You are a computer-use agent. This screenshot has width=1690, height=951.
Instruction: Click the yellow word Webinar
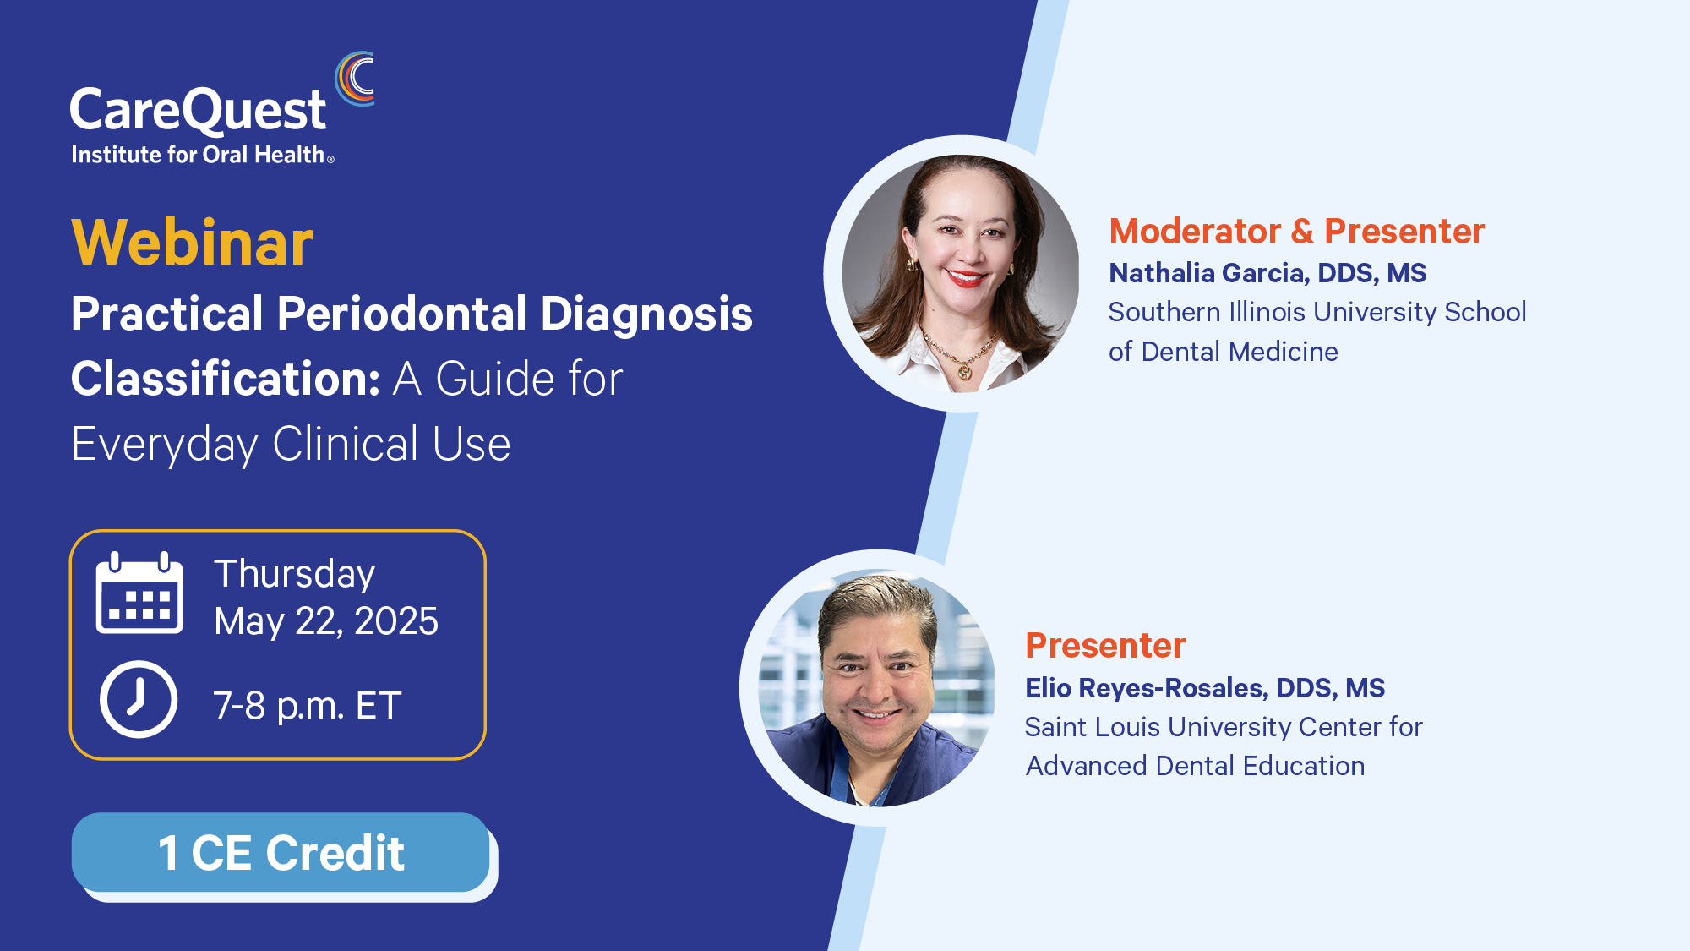tap(193, 243)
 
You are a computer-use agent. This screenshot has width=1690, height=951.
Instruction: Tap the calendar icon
tap(139, 593)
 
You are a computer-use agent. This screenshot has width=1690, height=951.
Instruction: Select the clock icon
tap(139, 699)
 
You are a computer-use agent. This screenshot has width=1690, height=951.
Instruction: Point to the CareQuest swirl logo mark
tap(355, 79)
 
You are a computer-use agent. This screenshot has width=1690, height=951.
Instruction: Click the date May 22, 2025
tap(326, 622)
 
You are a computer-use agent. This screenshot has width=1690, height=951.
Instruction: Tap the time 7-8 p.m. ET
tap(307, 706)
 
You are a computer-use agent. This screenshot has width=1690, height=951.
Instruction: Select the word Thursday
tap(294, 575)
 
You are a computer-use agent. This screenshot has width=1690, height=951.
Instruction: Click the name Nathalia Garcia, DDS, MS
tap(1267, 273)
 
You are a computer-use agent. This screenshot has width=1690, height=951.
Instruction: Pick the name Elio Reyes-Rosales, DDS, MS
tap(1205, 688)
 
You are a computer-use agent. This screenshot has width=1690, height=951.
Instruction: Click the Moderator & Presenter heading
tap(1297, 231)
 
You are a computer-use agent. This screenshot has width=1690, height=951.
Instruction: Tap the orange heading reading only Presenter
tap(1105, 645)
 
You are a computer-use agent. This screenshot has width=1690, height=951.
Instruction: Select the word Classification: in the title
tap(226, 378)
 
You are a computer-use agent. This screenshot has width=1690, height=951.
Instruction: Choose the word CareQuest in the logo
tap(198, 111)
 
